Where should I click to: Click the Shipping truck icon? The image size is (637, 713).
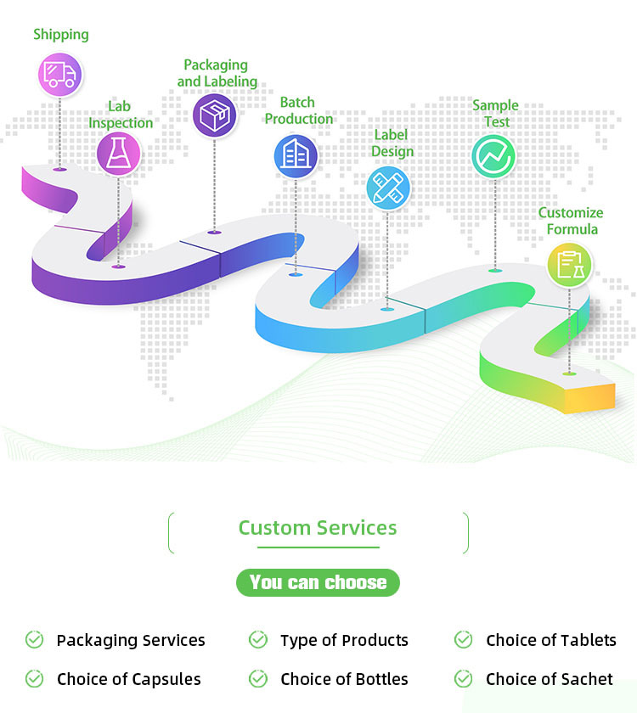[59, 74]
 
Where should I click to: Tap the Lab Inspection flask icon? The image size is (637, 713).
[118, 154]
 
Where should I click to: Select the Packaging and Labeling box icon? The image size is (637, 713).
[214, 115]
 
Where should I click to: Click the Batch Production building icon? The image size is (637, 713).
[296, 154]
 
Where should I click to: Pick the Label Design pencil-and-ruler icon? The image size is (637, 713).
[388, 188]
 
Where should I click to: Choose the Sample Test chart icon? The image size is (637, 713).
[493, 155]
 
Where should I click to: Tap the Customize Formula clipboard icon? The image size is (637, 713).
[569, 265]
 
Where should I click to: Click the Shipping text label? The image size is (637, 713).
[61, 35]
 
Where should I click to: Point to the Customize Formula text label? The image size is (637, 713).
[571, 221]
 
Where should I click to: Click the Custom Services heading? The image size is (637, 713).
[318, 528]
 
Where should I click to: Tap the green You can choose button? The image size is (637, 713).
[318, 582]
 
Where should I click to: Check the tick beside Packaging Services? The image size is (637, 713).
[34, 640]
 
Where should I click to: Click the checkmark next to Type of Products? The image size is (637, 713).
[258, 640]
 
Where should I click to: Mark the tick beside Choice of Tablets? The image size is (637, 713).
[463, 640]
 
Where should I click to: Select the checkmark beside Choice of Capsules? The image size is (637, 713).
[34, 679]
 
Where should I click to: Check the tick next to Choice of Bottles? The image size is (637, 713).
[258, 679]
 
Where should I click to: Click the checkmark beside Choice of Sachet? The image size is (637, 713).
[463, 679]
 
